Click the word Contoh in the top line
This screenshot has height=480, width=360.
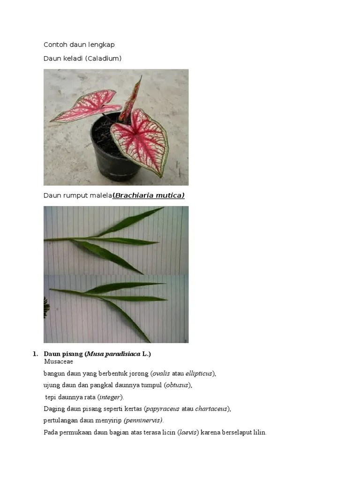tap(54, 45)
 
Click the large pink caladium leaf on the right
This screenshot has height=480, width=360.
tap(141, 138)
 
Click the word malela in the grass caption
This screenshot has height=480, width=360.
tap(101, 195)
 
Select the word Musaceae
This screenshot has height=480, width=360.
tap(59, 361)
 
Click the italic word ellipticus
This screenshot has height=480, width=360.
tap(199, 374)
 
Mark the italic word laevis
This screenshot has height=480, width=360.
tap(188, 432)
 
